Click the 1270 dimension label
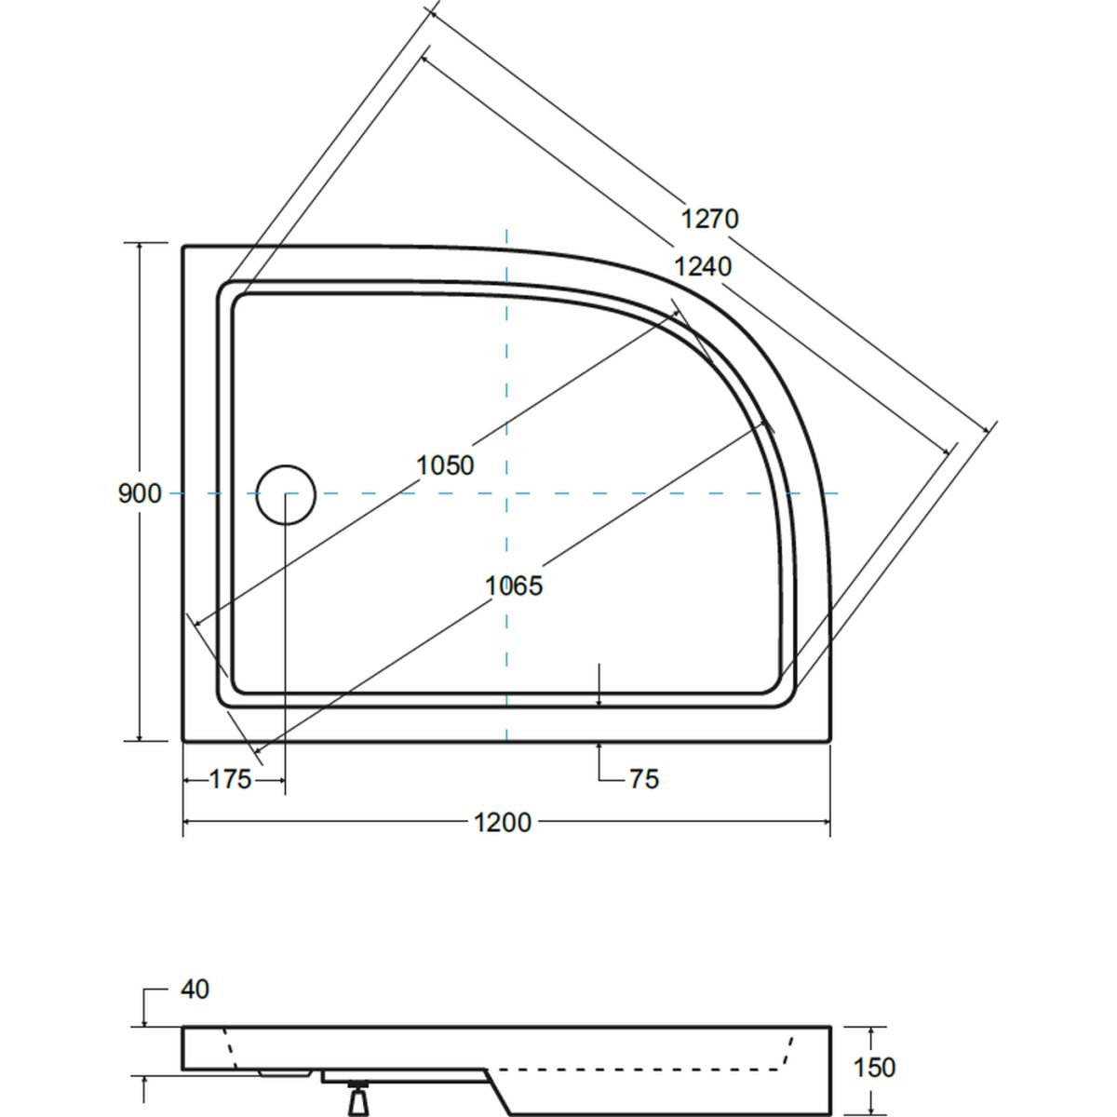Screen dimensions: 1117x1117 (709, 219)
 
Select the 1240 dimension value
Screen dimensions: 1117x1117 (703, 266)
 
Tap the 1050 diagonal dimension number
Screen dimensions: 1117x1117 (445, 465)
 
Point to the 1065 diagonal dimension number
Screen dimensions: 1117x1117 (514, 585)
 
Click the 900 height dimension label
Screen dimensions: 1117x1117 (140, 494)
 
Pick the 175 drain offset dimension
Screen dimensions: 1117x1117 (230, 780)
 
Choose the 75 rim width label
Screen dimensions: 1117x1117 (644, 780)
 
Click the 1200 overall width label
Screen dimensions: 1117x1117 (503, 823)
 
